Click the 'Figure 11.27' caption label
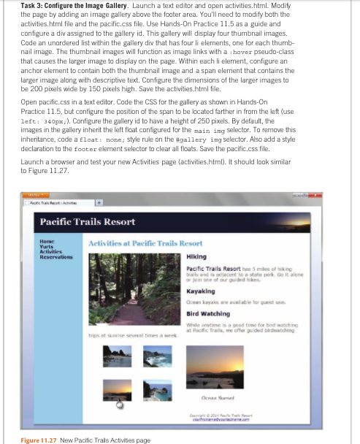[37, 440]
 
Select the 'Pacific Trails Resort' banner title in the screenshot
[87, 221]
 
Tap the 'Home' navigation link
[47, 239]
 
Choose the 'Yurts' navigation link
[46, 245]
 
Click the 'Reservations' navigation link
[55, 256]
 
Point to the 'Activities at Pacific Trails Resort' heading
[145, 242]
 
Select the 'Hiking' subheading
[196, 257]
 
